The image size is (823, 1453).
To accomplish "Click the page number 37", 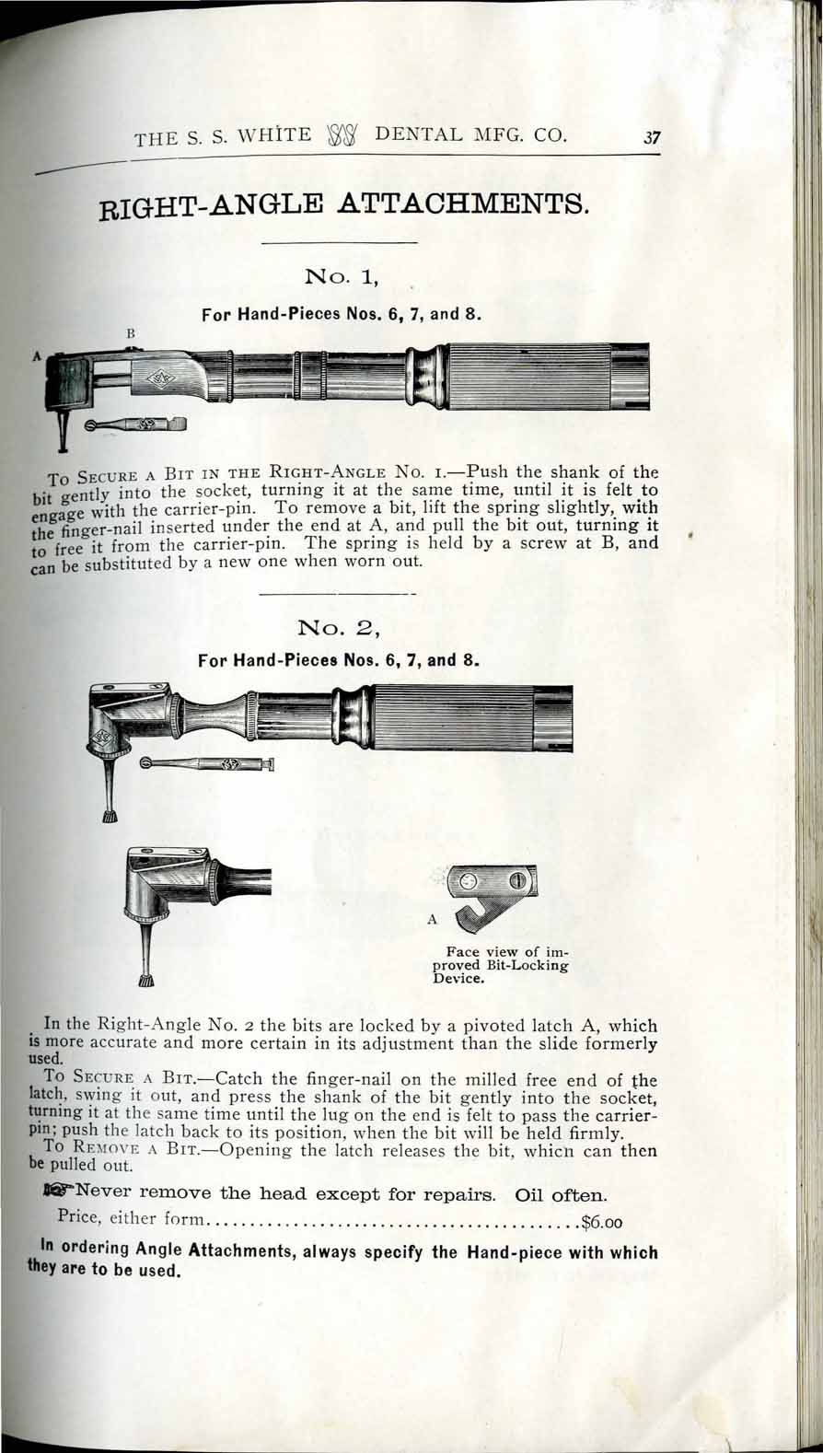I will click(x=653, y=139).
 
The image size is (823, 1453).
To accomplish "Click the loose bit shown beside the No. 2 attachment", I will click(x=206, y=764).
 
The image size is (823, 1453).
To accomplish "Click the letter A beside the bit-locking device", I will click(x=431, y=918).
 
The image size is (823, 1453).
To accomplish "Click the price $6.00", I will click(x=603, y=1224).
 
